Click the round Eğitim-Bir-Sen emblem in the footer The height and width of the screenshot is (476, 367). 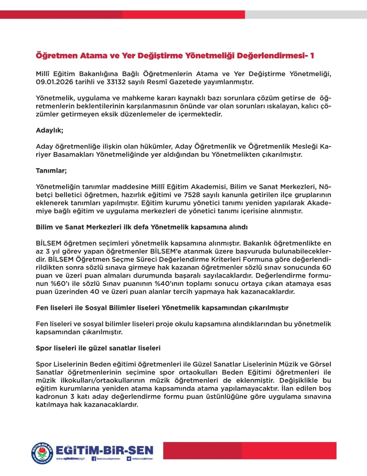tap(42, 453)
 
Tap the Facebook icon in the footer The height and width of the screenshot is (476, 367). tap(94, 459)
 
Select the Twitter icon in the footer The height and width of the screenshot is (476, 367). tap(129, 459)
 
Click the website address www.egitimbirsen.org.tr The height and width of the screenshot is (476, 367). tap(70, 459)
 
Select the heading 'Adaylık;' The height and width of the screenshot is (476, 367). tap(49, 130)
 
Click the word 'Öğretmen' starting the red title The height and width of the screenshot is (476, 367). tap(56, 56)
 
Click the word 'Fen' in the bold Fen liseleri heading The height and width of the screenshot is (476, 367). tap(42, 308)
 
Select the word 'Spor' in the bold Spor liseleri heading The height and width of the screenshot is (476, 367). tap(44, 348)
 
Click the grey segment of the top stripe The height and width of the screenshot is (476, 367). tap(306, 15)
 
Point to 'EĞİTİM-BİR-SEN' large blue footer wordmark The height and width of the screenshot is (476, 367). tap(104, 450)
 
